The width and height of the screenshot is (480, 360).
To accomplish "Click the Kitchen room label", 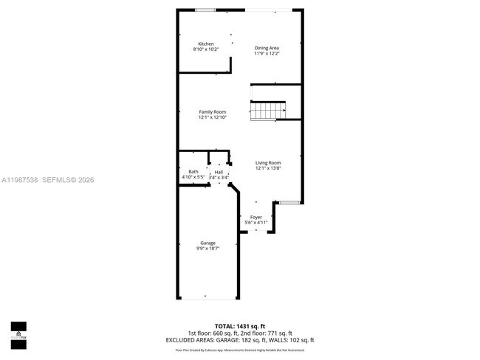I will (205, 44).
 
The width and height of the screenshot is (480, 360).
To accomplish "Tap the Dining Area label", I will (267, 48).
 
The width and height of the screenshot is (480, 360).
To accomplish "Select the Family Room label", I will (212, 111).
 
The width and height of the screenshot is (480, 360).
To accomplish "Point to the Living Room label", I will (268, 162).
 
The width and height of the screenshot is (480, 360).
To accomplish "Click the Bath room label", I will (193, 172).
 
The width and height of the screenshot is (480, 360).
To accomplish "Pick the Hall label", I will (219, 172).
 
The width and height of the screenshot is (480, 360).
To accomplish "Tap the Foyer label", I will (256, 217).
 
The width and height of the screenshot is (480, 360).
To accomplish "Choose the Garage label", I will (208, 243).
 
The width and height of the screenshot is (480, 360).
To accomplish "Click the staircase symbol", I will (268, 111).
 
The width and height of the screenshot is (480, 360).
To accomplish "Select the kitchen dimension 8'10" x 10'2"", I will (206, 49).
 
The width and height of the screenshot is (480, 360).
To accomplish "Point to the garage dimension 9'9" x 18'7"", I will (208, 249).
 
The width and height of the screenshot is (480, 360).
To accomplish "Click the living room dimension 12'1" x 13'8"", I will (268, 168).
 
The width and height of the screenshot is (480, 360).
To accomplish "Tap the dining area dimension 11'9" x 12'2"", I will (267, 53).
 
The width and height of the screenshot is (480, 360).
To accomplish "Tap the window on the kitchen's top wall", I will (206, 10).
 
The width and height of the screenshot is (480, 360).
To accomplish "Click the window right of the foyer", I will (289, 201).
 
